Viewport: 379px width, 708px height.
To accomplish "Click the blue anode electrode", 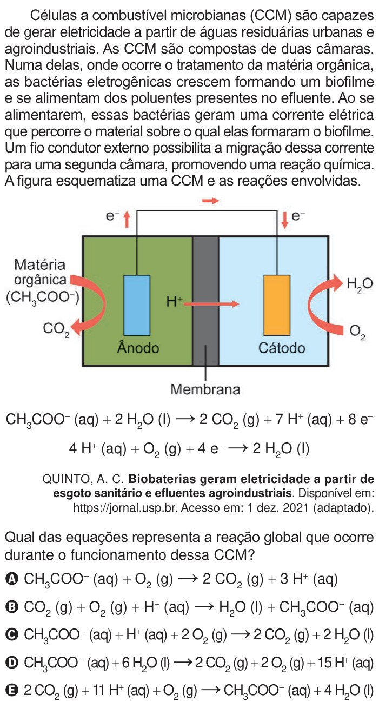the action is tap(137, 305).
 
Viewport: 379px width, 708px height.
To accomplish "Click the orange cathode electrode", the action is tap(277, 305).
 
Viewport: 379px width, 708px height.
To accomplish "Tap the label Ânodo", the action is tap(138, 348).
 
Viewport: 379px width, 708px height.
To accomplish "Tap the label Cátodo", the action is tap(282, 348).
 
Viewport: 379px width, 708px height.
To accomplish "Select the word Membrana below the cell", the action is tap(205, 389).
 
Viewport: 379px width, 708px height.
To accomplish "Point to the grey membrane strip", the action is tap(205, 301).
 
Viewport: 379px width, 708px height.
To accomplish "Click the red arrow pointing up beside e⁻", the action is tap(127, 219).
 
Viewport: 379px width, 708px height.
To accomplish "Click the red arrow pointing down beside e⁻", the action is tap(285, 220).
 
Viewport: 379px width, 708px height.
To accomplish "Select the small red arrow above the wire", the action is tap(211, 200).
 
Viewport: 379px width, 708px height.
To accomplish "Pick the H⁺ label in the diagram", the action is tap(174, 302).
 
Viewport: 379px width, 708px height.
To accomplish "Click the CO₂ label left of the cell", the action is tap(56, 329).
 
